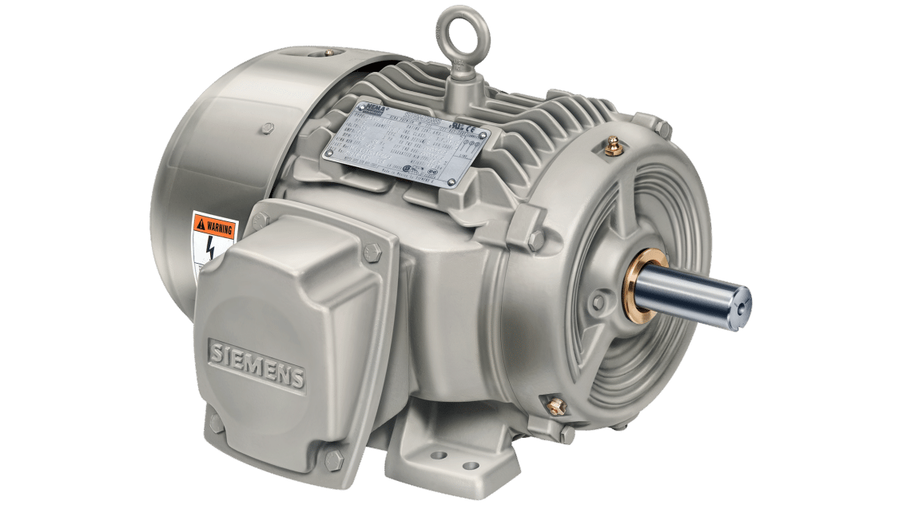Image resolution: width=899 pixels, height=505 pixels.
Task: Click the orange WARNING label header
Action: click(x=215, y=227)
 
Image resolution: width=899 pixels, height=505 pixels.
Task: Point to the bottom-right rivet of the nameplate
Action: click(x=453, y=183)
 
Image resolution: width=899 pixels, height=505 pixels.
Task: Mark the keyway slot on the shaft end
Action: click(x=744, y=304)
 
